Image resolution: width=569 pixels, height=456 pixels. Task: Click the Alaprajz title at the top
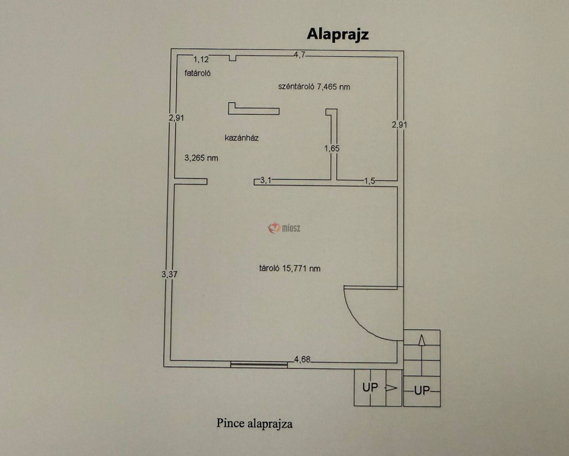[338, 34]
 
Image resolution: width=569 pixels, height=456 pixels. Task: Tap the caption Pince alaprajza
[254, 424]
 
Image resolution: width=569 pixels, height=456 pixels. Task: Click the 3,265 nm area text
[201, 158]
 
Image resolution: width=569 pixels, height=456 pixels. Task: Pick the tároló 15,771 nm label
[290, 268]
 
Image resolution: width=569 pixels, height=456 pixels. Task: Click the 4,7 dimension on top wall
[300, 54]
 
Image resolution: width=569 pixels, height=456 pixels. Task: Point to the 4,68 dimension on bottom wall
[302, 359]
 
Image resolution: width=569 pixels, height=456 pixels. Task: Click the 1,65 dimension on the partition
[332, 148]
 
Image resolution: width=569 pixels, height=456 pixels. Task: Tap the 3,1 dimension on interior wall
[266, 180]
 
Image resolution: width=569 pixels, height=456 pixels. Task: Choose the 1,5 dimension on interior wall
[370, 181]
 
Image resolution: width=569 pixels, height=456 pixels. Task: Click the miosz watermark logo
[284, 227]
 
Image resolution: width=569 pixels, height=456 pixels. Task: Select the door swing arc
[367, 319]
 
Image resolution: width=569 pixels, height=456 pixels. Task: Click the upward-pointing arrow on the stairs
[422, 340]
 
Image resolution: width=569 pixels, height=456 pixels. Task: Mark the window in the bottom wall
[259, 364]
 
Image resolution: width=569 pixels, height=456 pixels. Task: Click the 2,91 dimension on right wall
[399, 125]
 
